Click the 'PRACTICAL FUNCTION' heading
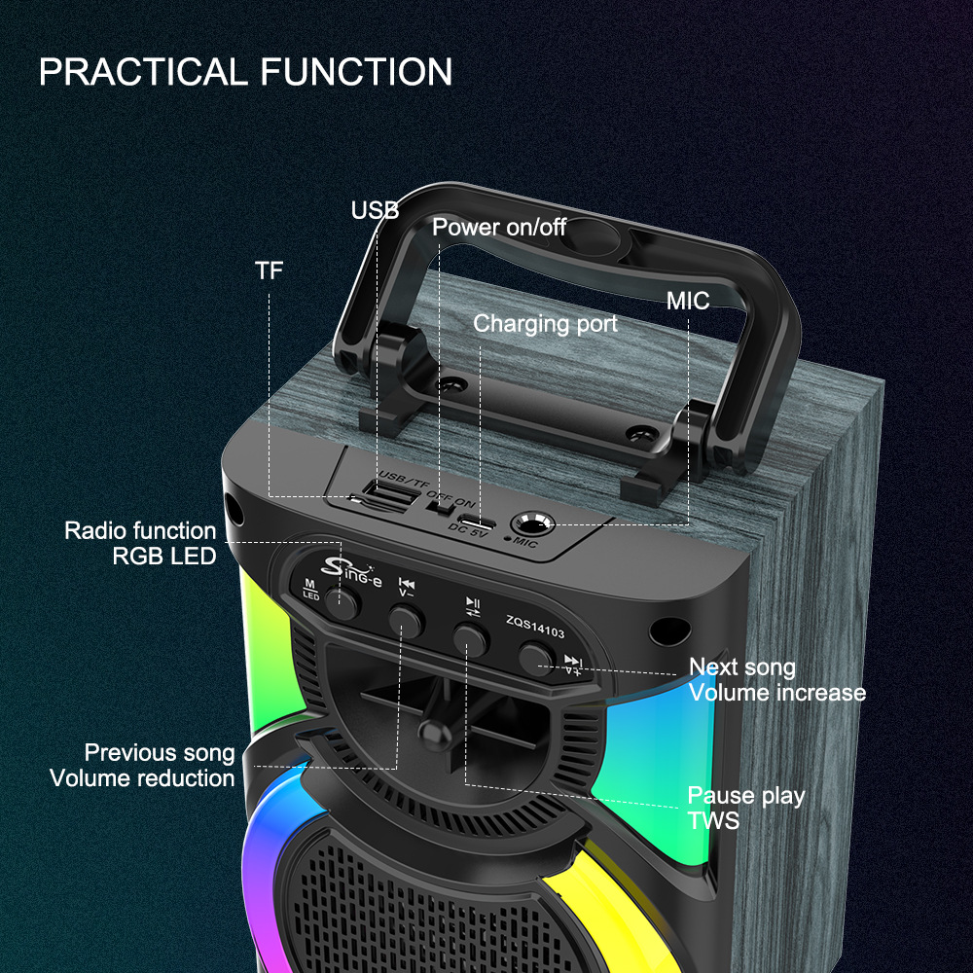(245, 72)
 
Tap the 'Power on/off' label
(499, 228)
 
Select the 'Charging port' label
(545, 323)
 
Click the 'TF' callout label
(270, 270)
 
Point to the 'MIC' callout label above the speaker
(688, 300)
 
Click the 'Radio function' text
(140, 530)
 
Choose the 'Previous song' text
(160, 752)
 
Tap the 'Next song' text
(742, 667)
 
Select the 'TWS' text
(713, 820)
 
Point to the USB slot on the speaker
(391, 498)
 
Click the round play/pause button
(470, 637)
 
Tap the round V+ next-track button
(534, 660)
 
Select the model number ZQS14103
(535, 620)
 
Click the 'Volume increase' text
(776, 692)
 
